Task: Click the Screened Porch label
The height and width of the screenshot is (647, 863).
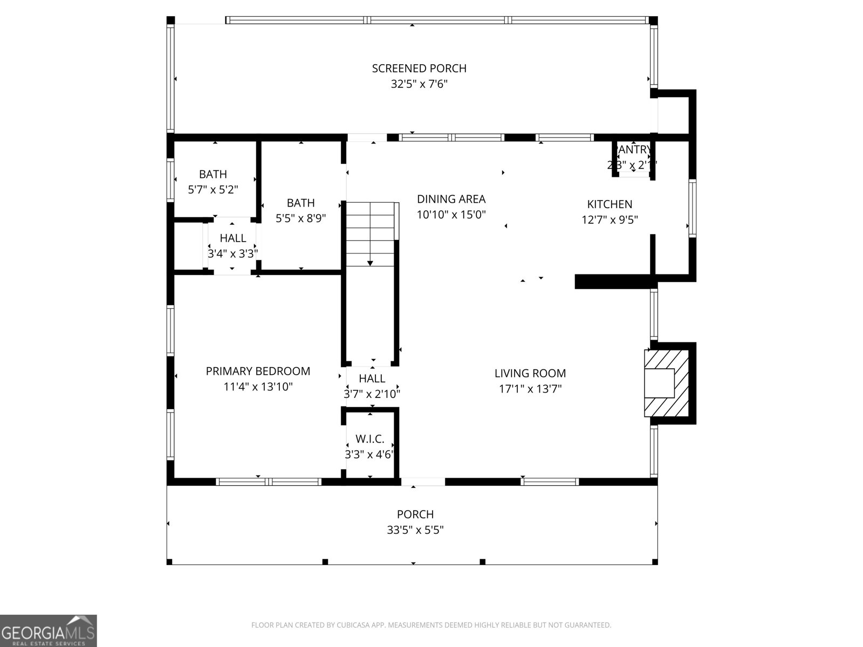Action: click(419, 68)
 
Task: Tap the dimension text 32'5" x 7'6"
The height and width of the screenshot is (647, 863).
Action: click(419, 85)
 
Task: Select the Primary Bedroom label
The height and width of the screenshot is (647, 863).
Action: click(258, 371)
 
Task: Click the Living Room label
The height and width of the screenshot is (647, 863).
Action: click(530, 373)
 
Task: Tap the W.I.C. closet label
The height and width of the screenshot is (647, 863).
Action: click(370, 439)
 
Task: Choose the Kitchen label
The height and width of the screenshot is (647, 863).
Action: click(609, 204)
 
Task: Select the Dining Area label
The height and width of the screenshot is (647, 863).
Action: click(451, 199)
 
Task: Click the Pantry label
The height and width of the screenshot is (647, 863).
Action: click(634, 149)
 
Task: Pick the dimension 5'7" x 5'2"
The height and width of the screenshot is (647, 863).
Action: click(213, 190)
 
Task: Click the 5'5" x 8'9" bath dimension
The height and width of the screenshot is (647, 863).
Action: click(301, 218)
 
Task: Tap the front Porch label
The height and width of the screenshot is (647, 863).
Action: click(415, 514)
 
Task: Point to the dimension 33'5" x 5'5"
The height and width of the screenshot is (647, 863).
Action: click(415, 530)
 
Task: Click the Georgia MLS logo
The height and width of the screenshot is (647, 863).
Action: click(49, 631)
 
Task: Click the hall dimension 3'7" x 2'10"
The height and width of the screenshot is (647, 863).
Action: click(372, 394)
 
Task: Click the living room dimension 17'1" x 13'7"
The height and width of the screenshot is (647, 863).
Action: click(530, 389)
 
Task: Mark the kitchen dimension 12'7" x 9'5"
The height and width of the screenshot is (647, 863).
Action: click(609, 220)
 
